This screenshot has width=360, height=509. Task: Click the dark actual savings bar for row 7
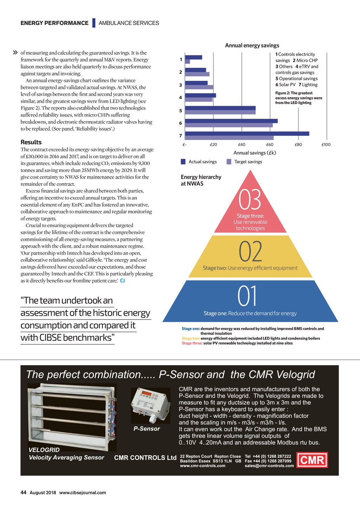tap(247, 134)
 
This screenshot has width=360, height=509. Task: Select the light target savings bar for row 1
tap(187, 62)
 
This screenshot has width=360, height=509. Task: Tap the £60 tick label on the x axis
tap(270, 144)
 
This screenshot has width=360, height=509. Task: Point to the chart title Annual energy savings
tap(252, 45)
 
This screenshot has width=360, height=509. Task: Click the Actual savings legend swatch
tap(183, 162)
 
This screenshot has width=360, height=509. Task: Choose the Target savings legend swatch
tap(229, 162)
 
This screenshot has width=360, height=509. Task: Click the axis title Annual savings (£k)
tap(255, 153)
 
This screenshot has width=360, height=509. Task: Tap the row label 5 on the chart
tap(181, 111)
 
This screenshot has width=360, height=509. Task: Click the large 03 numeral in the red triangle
tap(250, 199)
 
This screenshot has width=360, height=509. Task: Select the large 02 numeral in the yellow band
tap(250, 252)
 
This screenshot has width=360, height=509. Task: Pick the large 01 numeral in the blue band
tap(247, 296)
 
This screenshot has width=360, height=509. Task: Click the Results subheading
tap(31, 142)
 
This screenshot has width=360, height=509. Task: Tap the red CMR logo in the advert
tap(312, 460)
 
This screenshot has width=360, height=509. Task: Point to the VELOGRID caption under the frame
tap(44, 450)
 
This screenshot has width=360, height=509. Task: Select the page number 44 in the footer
tap(24, 492)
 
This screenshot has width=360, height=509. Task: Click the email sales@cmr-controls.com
tap(269, 466)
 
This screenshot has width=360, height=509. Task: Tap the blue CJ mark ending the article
tap(122, 281)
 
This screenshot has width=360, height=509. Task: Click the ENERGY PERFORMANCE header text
tap(54, 23)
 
